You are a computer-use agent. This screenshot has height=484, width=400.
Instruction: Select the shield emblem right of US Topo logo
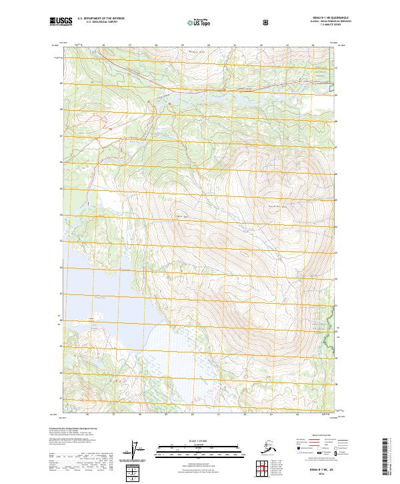pos(229,22)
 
